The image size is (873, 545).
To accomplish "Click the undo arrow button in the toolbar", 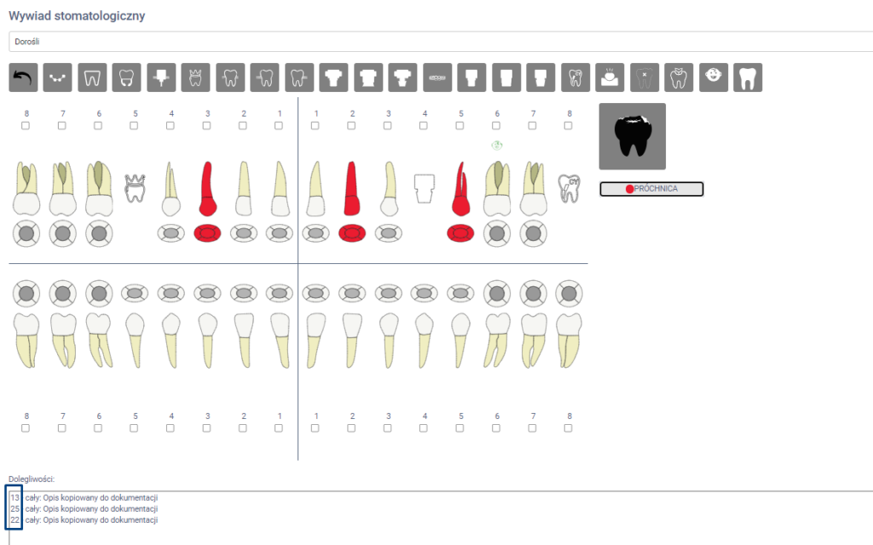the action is (23, 77).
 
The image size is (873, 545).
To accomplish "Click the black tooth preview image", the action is (632, 136).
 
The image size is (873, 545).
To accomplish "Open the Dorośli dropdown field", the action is (440, 42).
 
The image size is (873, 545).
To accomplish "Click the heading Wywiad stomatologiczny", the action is (77, 15).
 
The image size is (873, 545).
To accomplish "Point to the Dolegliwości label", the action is (32, 479).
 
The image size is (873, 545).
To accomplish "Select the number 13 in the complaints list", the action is (15, 497).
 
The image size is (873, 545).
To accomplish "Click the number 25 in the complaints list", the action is (15, 509).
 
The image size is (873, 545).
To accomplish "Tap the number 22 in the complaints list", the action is (15, 520).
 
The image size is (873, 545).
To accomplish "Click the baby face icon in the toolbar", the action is (714, 77).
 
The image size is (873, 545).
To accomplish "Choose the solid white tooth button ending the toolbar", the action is (748, 77).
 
